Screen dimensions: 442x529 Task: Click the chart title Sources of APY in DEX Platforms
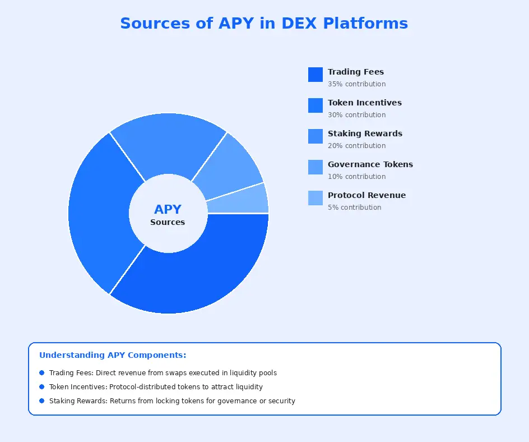point(264,24)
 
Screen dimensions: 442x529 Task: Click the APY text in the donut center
point(168,209)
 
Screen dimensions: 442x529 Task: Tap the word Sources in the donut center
point(168,222)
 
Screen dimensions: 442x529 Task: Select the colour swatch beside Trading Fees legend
point(315,75)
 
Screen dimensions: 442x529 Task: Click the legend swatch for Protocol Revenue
point(315,198)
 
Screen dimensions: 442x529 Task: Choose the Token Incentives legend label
point(364,103)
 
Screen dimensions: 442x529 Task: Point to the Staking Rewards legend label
point(365,133)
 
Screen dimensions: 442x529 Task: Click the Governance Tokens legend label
point(370,164)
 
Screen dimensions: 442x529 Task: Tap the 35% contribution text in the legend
point(356,84)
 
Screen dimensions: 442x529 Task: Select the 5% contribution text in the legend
point(354,208)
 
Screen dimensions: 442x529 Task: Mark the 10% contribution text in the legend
point(356,177)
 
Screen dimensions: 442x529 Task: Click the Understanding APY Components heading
point(113,355)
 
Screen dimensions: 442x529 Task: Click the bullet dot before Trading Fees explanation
point(42,372)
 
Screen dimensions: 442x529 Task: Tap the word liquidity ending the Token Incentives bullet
point(248,387)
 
